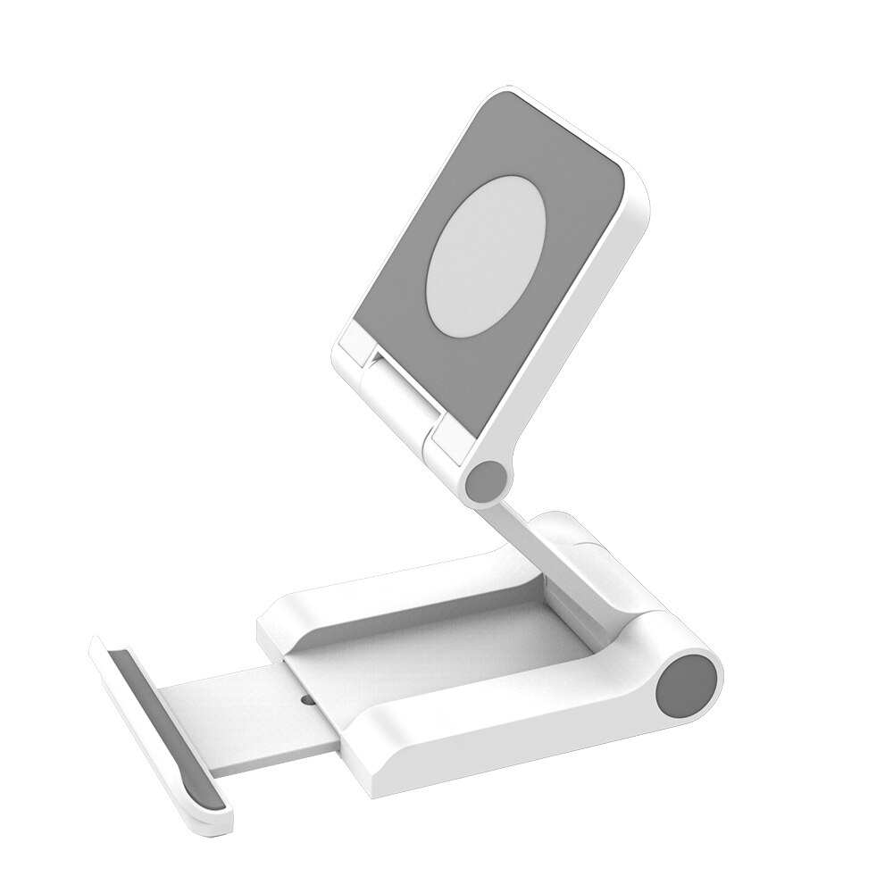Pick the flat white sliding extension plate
pyautogui.click(x=232, y=705)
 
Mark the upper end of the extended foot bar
pyautogui.click(x=105, y=645)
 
